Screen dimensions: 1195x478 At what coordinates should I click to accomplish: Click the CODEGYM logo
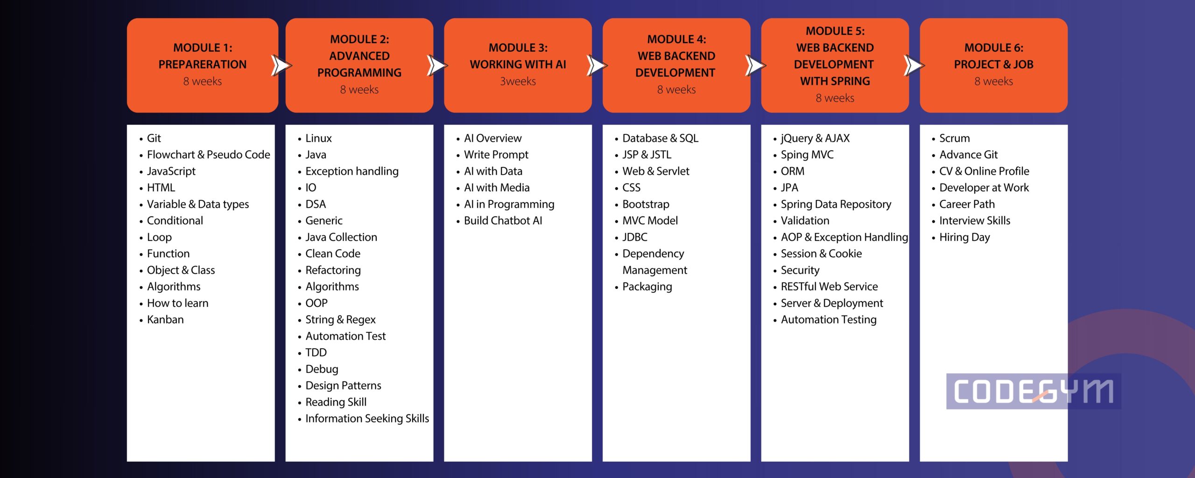1033,391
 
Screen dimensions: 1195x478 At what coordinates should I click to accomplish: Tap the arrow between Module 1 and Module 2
281,65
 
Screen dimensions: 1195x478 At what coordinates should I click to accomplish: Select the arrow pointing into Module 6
914,65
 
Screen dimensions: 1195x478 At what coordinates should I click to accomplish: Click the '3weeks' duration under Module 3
518,81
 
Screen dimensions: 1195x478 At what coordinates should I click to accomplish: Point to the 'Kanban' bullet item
165,320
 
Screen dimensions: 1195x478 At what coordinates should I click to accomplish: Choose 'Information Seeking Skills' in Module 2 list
367,419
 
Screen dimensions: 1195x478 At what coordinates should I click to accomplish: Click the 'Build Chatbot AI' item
503,221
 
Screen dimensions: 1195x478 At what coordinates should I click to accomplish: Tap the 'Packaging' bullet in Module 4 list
647,287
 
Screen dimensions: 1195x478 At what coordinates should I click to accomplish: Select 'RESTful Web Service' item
829,287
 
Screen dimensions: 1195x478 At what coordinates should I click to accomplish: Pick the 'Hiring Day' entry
964,238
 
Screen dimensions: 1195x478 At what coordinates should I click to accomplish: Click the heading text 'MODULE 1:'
203,48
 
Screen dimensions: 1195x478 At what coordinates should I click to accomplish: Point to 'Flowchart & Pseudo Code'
208,155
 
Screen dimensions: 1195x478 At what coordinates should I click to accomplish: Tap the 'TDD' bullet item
316,352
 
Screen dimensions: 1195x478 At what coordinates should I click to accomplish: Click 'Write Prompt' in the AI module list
496,155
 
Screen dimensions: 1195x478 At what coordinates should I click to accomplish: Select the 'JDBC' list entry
635,237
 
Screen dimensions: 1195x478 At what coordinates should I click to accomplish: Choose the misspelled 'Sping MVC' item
807,155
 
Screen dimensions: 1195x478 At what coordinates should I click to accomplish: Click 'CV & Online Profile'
984,171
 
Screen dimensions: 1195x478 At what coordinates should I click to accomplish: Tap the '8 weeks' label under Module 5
835,98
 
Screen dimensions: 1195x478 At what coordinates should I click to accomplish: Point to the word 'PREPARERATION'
203,64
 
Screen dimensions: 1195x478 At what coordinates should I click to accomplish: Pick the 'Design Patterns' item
343,386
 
